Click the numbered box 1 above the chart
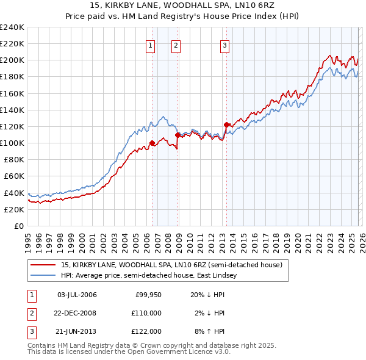coord(151,45)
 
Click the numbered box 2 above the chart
coord(176,45)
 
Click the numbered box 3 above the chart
coord(224,45)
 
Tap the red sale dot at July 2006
coord(152,143)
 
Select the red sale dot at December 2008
coord(178,135)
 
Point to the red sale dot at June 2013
coord(226,125)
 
